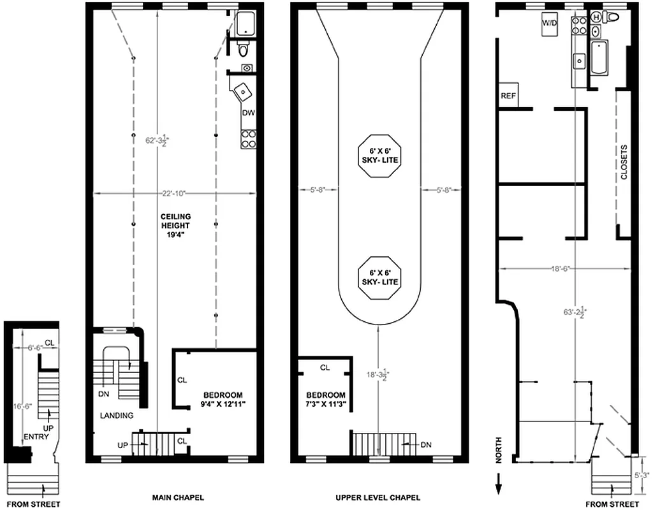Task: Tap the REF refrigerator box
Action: tap(508, 96)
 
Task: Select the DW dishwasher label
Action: tap(248, 113)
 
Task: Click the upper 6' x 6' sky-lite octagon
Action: tap(380, 156)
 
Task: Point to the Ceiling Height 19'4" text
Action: tap(175, 225)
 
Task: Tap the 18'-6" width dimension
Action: tap(559, 268)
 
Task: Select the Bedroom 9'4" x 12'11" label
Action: tap(219, 399)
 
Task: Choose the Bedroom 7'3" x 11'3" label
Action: tap(325, 399)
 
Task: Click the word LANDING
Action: tap(117, 416)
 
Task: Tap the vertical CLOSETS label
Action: tap(624, 163)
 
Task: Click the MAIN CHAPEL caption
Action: tap(178, 497)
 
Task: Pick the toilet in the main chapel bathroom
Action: tap(243, 50)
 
